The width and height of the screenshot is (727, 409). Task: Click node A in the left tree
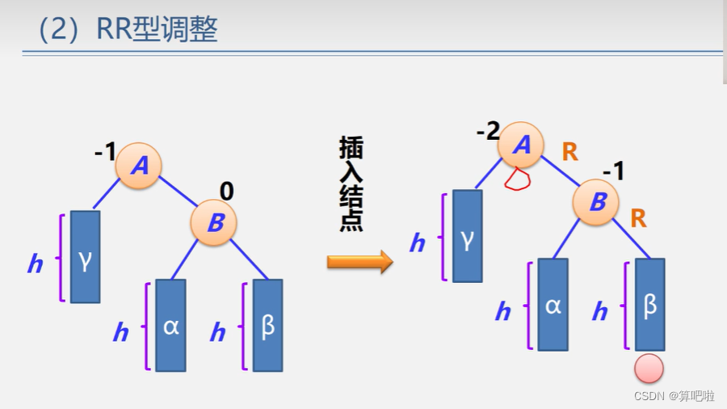[139, 166]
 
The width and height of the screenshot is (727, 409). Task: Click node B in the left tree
[214, 222]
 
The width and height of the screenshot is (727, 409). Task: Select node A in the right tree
[521, 145]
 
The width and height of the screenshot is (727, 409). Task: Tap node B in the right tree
[597, 202]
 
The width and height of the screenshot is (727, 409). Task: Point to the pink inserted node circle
[649, 369]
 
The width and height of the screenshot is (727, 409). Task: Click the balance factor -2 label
[488, 131]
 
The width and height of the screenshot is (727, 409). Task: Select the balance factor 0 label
[227, 191]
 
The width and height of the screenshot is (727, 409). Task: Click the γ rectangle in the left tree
[85, 256]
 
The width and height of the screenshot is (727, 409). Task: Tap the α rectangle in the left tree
[170, 325]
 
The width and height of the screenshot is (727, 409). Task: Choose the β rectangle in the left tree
[267, 325]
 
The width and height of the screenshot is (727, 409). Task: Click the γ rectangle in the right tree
[467, 236]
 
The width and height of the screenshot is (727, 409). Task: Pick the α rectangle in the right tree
[553, 304]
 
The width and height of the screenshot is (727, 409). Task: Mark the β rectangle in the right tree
[649, 304]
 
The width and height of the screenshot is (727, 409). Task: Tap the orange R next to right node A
[570, 151]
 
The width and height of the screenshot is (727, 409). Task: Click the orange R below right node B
[638, 218]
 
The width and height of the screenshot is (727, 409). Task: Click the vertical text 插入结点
[351, 184]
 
